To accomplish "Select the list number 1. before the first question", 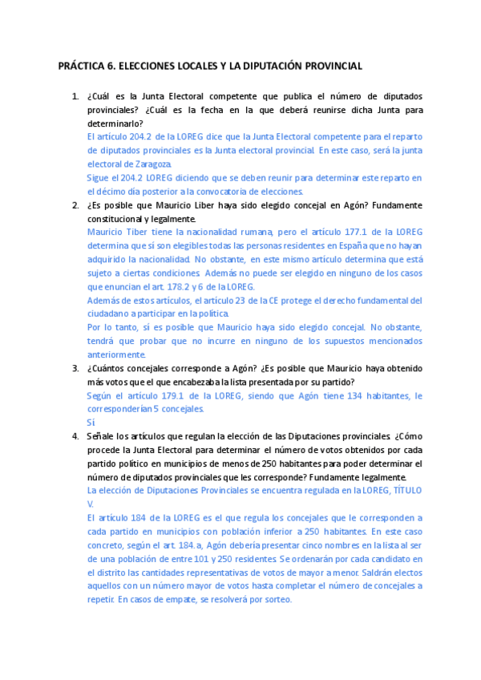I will coord(75,96).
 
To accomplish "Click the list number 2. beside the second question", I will coord(75,204).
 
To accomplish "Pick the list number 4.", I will coord(75,436).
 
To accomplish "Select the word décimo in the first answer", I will coord(111,191).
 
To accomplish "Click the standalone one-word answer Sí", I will coord(91,422).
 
